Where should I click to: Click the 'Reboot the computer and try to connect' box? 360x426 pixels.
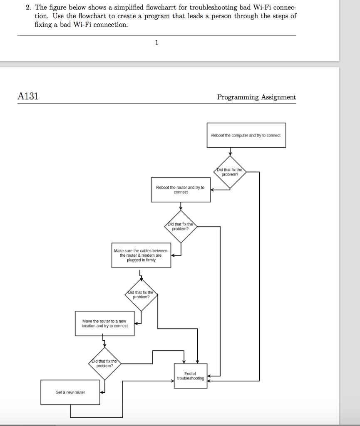click(246, 135)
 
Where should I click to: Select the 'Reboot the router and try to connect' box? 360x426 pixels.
click(181, 190)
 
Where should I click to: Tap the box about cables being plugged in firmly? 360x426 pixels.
click(141, 255)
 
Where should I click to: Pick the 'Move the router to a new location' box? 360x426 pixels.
click(105, 323)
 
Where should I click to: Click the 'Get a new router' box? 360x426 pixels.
click(70, 392)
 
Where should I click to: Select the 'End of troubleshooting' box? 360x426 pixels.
click(190, 376)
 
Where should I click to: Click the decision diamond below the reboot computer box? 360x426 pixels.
click(230, 172)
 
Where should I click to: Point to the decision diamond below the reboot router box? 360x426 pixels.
click(180, 227)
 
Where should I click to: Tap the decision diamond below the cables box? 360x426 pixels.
click(141, 295)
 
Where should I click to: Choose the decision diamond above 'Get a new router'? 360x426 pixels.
click(104, 364)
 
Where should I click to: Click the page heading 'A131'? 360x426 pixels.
click(28, 97)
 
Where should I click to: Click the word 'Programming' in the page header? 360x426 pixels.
click(238, 97)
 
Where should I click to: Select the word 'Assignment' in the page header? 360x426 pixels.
click(278, 97)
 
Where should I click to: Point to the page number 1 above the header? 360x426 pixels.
click(156, 42)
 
